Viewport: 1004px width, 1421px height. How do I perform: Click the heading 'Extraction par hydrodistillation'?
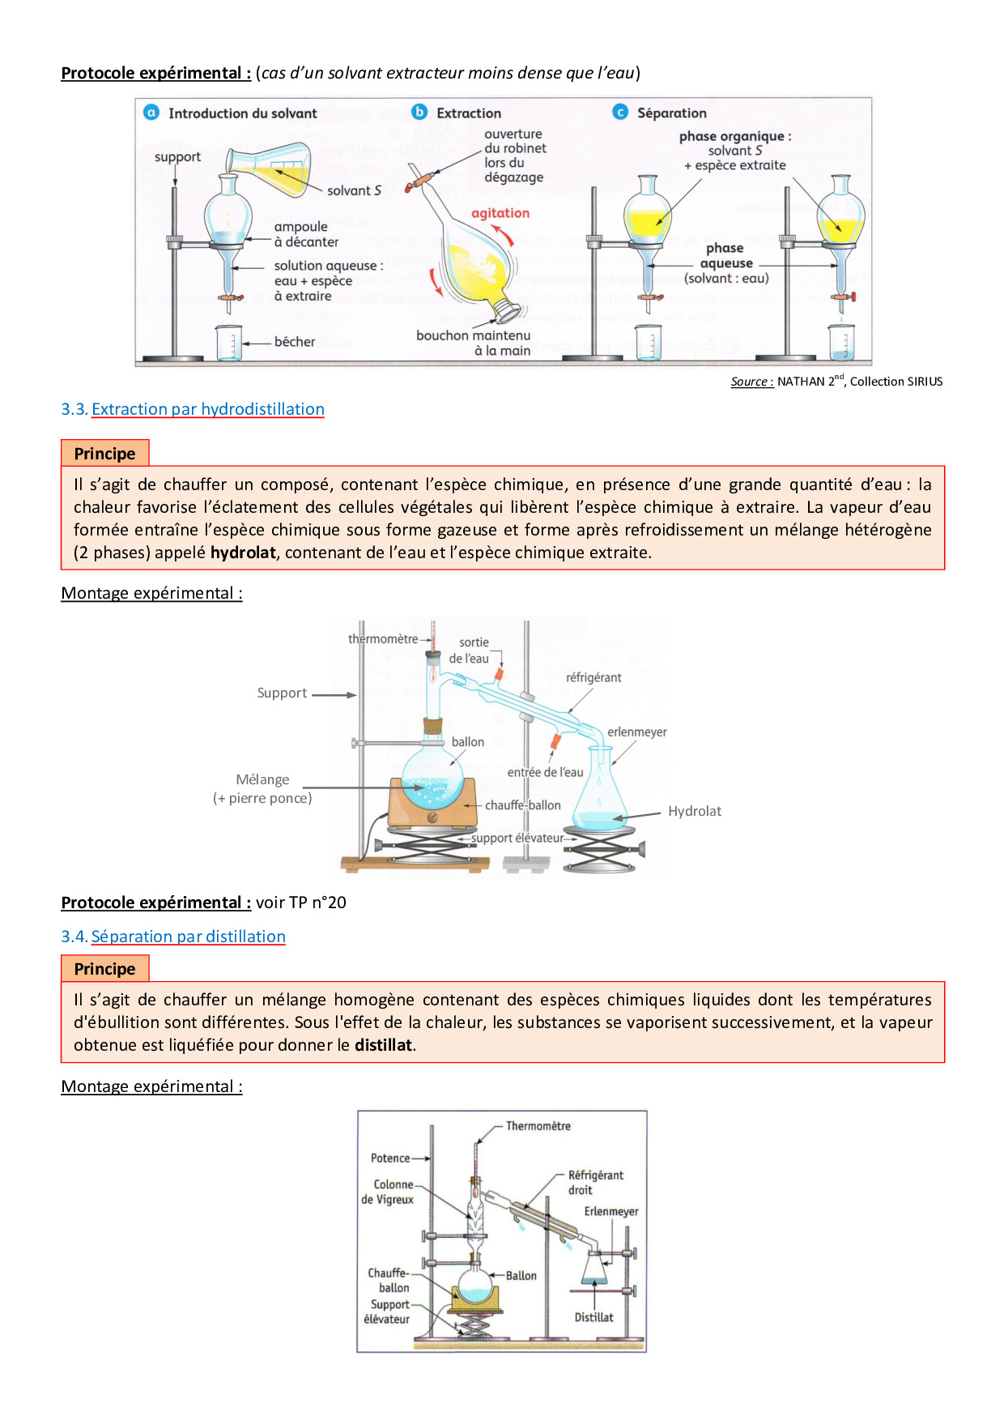coord(207,409)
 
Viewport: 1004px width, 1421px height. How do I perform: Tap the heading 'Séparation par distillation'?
coord(188,937)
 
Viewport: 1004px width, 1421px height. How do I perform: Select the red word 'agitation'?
coord(500,213)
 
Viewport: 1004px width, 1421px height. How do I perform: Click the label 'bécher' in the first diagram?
coord(295,342)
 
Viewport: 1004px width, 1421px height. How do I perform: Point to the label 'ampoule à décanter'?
coord(306,234)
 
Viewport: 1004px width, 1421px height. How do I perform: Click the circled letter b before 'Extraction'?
coord(419,112)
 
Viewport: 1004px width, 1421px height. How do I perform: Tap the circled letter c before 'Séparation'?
coord(620,112)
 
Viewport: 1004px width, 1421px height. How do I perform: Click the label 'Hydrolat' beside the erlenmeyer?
coord(694,811)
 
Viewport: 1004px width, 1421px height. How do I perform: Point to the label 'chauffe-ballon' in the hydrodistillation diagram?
coord(522,805)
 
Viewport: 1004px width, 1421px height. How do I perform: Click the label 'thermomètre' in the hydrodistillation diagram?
coord(383,638)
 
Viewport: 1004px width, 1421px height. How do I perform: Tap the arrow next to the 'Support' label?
coord(334,694)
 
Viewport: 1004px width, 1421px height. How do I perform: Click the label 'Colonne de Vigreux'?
coord(389,1192)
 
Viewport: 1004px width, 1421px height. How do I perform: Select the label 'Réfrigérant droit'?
coord(594,1182)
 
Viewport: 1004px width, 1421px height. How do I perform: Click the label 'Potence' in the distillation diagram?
coord(390,1159)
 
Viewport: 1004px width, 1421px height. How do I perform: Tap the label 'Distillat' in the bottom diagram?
coord(593,1317)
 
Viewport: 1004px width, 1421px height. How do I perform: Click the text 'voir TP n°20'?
coord(301,903)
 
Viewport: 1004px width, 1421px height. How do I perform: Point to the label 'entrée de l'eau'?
coord(545,772)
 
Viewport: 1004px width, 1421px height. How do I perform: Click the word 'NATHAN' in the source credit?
coord(800,382)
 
